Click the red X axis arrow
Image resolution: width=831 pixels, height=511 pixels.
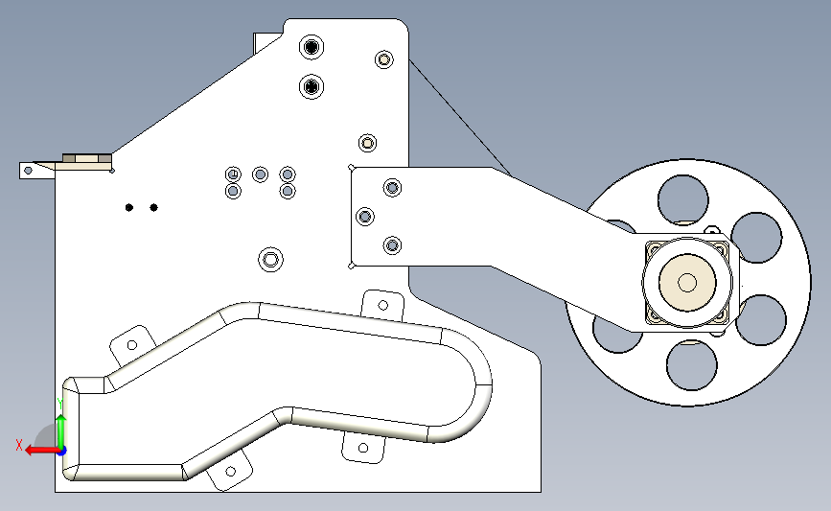point(41,451)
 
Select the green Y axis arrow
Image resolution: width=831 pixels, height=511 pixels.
point(61,431)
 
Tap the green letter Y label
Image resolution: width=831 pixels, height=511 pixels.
point(59,405)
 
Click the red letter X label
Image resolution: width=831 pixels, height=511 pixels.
point(19,445)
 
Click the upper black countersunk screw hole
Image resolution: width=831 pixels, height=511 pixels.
point(312,47)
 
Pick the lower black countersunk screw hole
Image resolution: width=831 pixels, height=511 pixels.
point(312,86)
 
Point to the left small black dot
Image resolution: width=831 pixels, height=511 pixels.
point(129,207)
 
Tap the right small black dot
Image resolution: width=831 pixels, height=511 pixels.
point(153,207)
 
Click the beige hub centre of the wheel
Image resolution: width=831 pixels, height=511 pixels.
point(687,283)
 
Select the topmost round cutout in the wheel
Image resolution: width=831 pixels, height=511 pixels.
point(683,199)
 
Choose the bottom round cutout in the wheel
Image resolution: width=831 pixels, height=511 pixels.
point(692,365)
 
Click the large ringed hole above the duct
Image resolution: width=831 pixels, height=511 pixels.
point(271,260)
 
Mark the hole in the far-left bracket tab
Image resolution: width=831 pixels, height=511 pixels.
point(29,171)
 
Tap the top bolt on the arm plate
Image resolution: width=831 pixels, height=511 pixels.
point(392,187)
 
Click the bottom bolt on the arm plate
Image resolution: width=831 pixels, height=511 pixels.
point(392,245)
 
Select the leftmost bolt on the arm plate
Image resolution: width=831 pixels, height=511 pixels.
point(364,217)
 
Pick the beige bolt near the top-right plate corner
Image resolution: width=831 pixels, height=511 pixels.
point(384,59)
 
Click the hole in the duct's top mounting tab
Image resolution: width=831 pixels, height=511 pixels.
point(383,305)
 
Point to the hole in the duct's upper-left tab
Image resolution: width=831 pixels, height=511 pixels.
point(132,345)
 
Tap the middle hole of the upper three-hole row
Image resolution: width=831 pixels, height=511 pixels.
point(260,174)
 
